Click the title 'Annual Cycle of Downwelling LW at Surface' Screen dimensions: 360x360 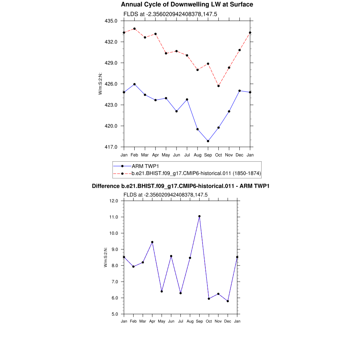[x=187, y=5]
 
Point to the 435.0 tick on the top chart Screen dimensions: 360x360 [x=112, y=21]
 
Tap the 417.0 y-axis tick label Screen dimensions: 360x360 [x=112, y=147]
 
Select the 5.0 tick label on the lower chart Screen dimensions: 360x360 [x=114, y=314]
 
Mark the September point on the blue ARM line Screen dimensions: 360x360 [x=208, y=141]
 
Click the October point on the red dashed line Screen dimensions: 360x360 [x=219, y=86]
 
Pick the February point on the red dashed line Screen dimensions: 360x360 [x=134, y=28]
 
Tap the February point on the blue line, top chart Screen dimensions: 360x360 [x=134, y=84]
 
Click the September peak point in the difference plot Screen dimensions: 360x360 [x=199, y=216]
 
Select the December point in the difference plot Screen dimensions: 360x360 [x=228, y=301]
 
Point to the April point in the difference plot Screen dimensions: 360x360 [x=152, y=242]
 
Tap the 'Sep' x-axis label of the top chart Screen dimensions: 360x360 [x=208, y=155]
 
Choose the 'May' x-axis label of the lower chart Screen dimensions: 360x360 [x=162, y=321]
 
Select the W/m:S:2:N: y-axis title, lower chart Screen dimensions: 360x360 [x=105, y=257]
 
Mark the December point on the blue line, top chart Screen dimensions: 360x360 [x=240, y=91]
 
